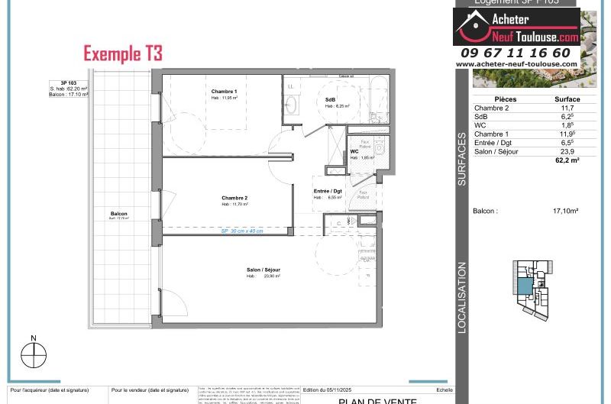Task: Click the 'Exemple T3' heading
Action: tap(123, 53)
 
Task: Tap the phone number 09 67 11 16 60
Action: tap(516, 53)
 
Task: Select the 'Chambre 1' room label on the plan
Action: tap(225, 92)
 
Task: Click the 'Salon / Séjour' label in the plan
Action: tap(263, 270)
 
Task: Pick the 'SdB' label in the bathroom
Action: tap(330, 100)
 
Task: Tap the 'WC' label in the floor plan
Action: tap(354, 151)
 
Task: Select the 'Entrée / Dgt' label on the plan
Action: tap(327, 191)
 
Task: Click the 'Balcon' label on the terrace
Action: tap(118, 214)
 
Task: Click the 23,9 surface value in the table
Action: tap(567, 152)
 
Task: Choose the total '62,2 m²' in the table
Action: tap(567, 161)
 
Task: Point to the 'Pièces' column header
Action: tap(506, 99)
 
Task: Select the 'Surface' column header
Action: tap(567, 99)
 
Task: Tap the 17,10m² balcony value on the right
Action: tap(565, 211)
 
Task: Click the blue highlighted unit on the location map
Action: tap(525, 286)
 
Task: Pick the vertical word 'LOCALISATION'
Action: tap(462, 297)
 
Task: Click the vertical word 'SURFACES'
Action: tap(462, 160)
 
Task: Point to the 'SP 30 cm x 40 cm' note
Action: tap(242, 231)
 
